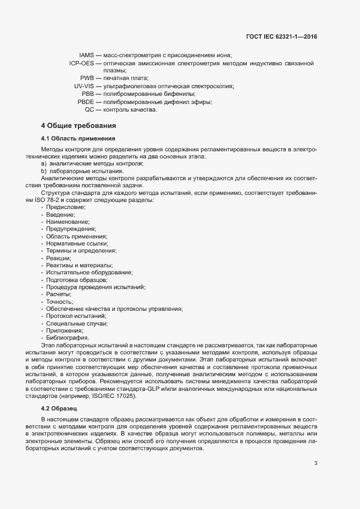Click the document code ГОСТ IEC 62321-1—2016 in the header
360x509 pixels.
pyautogui.click(x=282, y=36)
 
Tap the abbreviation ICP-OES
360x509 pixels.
pyautogui.click(x=81, y=63)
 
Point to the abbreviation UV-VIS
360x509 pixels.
pyautogui.click(x=84, y=86)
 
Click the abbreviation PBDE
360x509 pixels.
pyautogui.click(x=86, y=102)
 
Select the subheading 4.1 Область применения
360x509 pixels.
pyautogui.click(x=77, y=138)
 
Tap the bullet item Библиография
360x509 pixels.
pyautogui.click(x=67, y=338)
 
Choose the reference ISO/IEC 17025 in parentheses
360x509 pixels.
pyautogui.click(x=109, y=395)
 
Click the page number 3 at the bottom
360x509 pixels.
pyautogui.click(x=315, y=449)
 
